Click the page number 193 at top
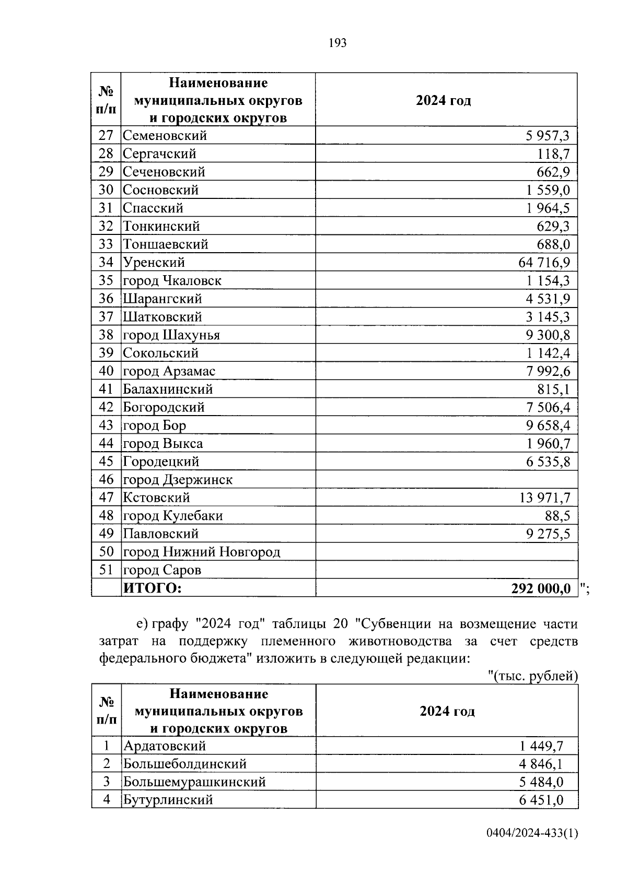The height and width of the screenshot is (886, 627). coord(338,43)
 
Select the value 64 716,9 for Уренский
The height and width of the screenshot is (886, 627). coord(544,263)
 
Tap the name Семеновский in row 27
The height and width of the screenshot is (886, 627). coord(165,136)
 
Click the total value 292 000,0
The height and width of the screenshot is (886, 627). coord(541,589)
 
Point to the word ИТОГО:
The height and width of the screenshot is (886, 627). coord(152,588)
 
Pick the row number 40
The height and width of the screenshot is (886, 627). coord(106,371)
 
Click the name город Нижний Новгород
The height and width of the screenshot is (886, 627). coord(201,552)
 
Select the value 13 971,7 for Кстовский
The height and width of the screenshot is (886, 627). coord(544,498)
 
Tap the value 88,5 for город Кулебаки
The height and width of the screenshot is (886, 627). coord(558,516)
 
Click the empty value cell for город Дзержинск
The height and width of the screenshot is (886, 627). coord(446,480)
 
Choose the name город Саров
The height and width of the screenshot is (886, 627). coord(161,570)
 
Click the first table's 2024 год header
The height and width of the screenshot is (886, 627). coord(443,101)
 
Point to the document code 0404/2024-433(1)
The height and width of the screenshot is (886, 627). coord(532,848)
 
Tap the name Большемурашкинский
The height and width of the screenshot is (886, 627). coord(194,782)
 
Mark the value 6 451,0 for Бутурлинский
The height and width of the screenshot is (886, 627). coord(541,800)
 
